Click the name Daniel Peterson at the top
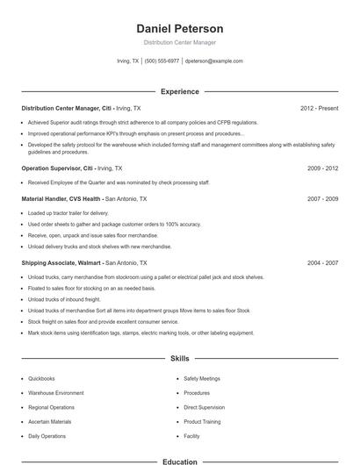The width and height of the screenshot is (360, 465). (180, 28)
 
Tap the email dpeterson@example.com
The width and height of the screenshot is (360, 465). (214, 61)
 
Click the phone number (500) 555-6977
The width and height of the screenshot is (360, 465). (162, 61)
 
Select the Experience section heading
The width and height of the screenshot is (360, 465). (180, 91)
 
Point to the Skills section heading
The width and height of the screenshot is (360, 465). (180, 359)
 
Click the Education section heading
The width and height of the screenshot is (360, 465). (180, 461)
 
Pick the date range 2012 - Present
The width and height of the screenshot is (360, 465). (319, 108)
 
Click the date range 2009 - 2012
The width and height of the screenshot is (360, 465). (322, 168)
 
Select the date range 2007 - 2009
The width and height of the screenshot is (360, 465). (322, 198)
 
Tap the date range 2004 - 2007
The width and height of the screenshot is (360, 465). (322, 262)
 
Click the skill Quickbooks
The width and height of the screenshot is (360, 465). (42, 379)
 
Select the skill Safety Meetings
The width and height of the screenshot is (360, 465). (202, 379)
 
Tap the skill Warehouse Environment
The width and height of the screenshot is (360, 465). (56, 393)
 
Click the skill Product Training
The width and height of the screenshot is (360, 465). (202, 421)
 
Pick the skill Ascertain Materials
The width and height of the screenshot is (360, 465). (50, 421)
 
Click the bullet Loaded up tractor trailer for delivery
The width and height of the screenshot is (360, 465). (68, 213)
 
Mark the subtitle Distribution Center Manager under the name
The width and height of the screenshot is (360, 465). (180, 42)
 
